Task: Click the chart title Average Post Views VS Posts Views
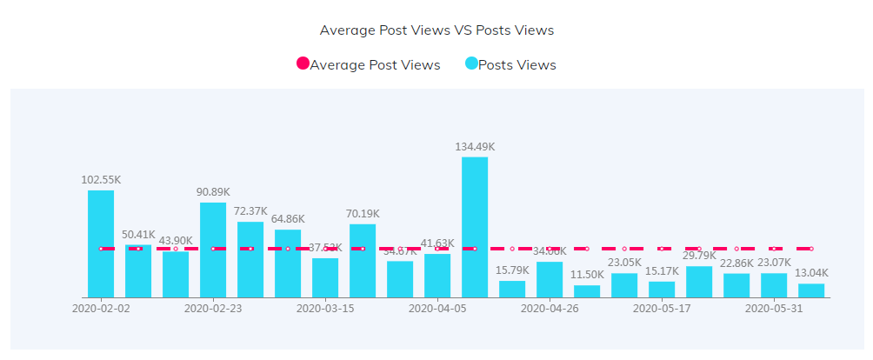click(x=436, y=30)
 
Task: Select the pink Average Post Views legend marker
click(x=303, y=64)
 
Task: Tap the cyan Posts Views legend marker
click(x=471, y=64)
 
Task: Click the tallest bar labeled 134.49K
click(x=475, y=226)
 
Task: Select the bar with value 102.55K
click(x=101, y=243)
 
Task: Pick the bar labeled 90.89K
click(x=213, y=250)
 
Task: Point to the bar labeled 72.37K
click(x=250, y=259)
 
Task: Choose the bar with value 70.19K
click(x=363, y=261)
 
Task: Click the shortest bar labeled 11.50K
click(x=587, y=291)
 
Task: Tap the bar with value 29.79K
click(x=699, y=282)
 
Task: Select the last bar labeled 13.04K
click(x=811, y=290)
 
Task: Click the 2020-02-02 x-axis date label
click(x=101, y=308)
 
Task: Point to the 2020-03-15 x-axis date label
click(x=325, y=308)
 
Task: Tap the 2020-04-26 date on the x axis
click(x=550, y=308)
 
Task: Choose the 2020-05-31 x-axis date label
click(x=774, y=308)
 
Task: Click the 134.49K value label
click(x=475, y=147)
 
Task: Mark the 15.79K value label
click(x=512, y=270)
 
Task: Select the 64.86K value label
click(x=288, y=219)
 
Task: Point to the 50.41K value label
click(x=138, y=235)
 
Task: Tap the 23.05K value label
click(x=624, y=263)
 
